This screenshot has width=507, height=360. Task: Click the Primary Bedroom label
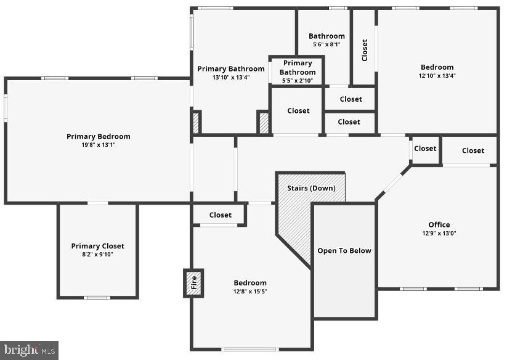coord(99,136)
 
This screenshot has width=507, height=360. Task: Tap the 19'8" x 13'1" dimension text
coord(99,145)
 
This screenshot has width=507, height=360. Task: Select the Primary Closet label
coord(97,246)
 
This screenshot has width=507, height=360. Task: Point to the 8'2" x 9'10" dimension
coord(97,255)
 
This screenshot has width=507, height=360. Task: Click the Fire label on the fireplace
coord(193,283)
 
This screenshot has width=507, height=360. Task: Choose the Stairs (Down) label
coord(311,188)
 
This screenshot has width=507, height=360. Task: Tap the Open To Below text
coord(344,251)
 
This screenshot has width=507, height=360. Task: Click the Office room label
coord(439,224)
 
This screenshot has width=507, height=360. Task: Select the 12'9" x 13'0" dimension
coord(439,233)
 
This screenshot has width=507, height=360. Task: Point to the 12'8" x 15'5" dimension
coord(250,292)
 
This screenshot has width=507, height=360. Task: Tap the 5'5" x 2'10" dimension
coord(298,81)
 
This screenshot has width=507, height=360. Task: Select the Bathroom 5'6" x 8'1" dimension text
coord(327,44)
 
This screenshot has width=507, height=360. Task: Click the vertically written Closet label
coord(364,50)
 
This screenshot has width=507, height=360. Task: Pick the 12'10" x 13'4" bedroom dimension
coord(437,76)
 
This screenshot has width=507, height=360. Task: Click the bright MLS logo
coord(29,350)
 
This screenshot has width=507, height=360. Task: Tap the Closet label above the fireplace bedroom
coord(221,215)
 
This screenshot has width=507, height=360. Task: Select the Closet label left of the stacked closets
coord(298,111)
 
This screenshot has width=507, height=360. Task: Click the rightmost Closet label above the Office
coord(473,150)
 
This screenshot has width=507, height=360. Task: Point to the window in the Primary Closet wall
coord(97,298)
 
